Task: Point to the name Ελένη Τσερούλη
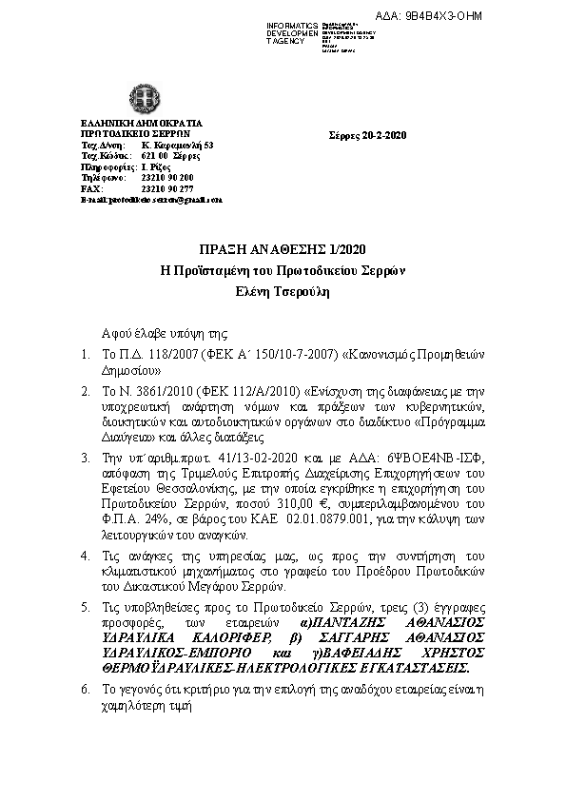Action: pos(283,292)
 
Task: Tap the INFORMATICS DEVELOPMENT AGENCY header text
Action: pos(293,32)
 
